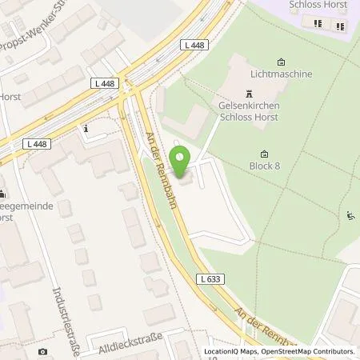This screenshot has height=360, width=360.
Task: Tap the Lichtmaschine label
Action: coord(281,74)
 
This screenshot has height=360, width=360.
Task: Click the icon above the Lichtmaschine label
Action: coord(281,62)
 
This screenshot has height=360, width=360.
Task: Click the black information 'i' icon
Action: coord(85,127)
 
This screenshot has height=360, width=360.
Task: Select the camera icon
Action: coord(42,351)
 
